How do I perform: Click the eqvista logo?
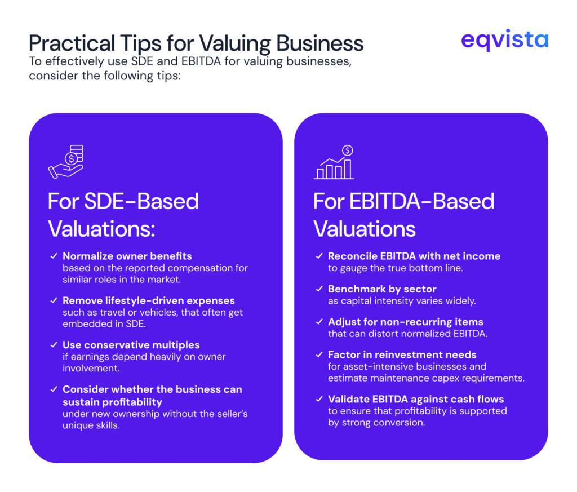[x=504, y=40]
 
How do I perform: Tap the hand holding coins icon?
[x=66, y=162]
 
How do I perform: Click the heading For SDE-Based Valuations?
[x=123, y=215]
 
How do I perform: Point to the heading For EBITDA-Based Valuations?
[x=403, y=215]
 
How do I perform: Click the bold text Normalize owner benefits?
[x=127, y=256]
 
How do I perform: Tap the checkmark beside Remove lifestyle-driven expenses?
[x=54, y=300]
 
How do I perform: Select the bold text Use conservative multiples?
[x=131, y=344]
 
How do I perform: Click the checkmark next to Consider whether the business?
[x=54, y=389]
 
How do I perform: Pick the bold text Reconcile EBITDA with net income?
[x=414, y=256]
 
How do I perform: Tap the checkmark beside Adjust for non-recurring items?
[x=319, y=322]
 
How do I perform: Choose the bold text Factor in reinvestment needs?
[x=402, y=355]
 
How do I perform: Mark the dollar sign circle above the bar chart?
[x=348, y=150]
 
